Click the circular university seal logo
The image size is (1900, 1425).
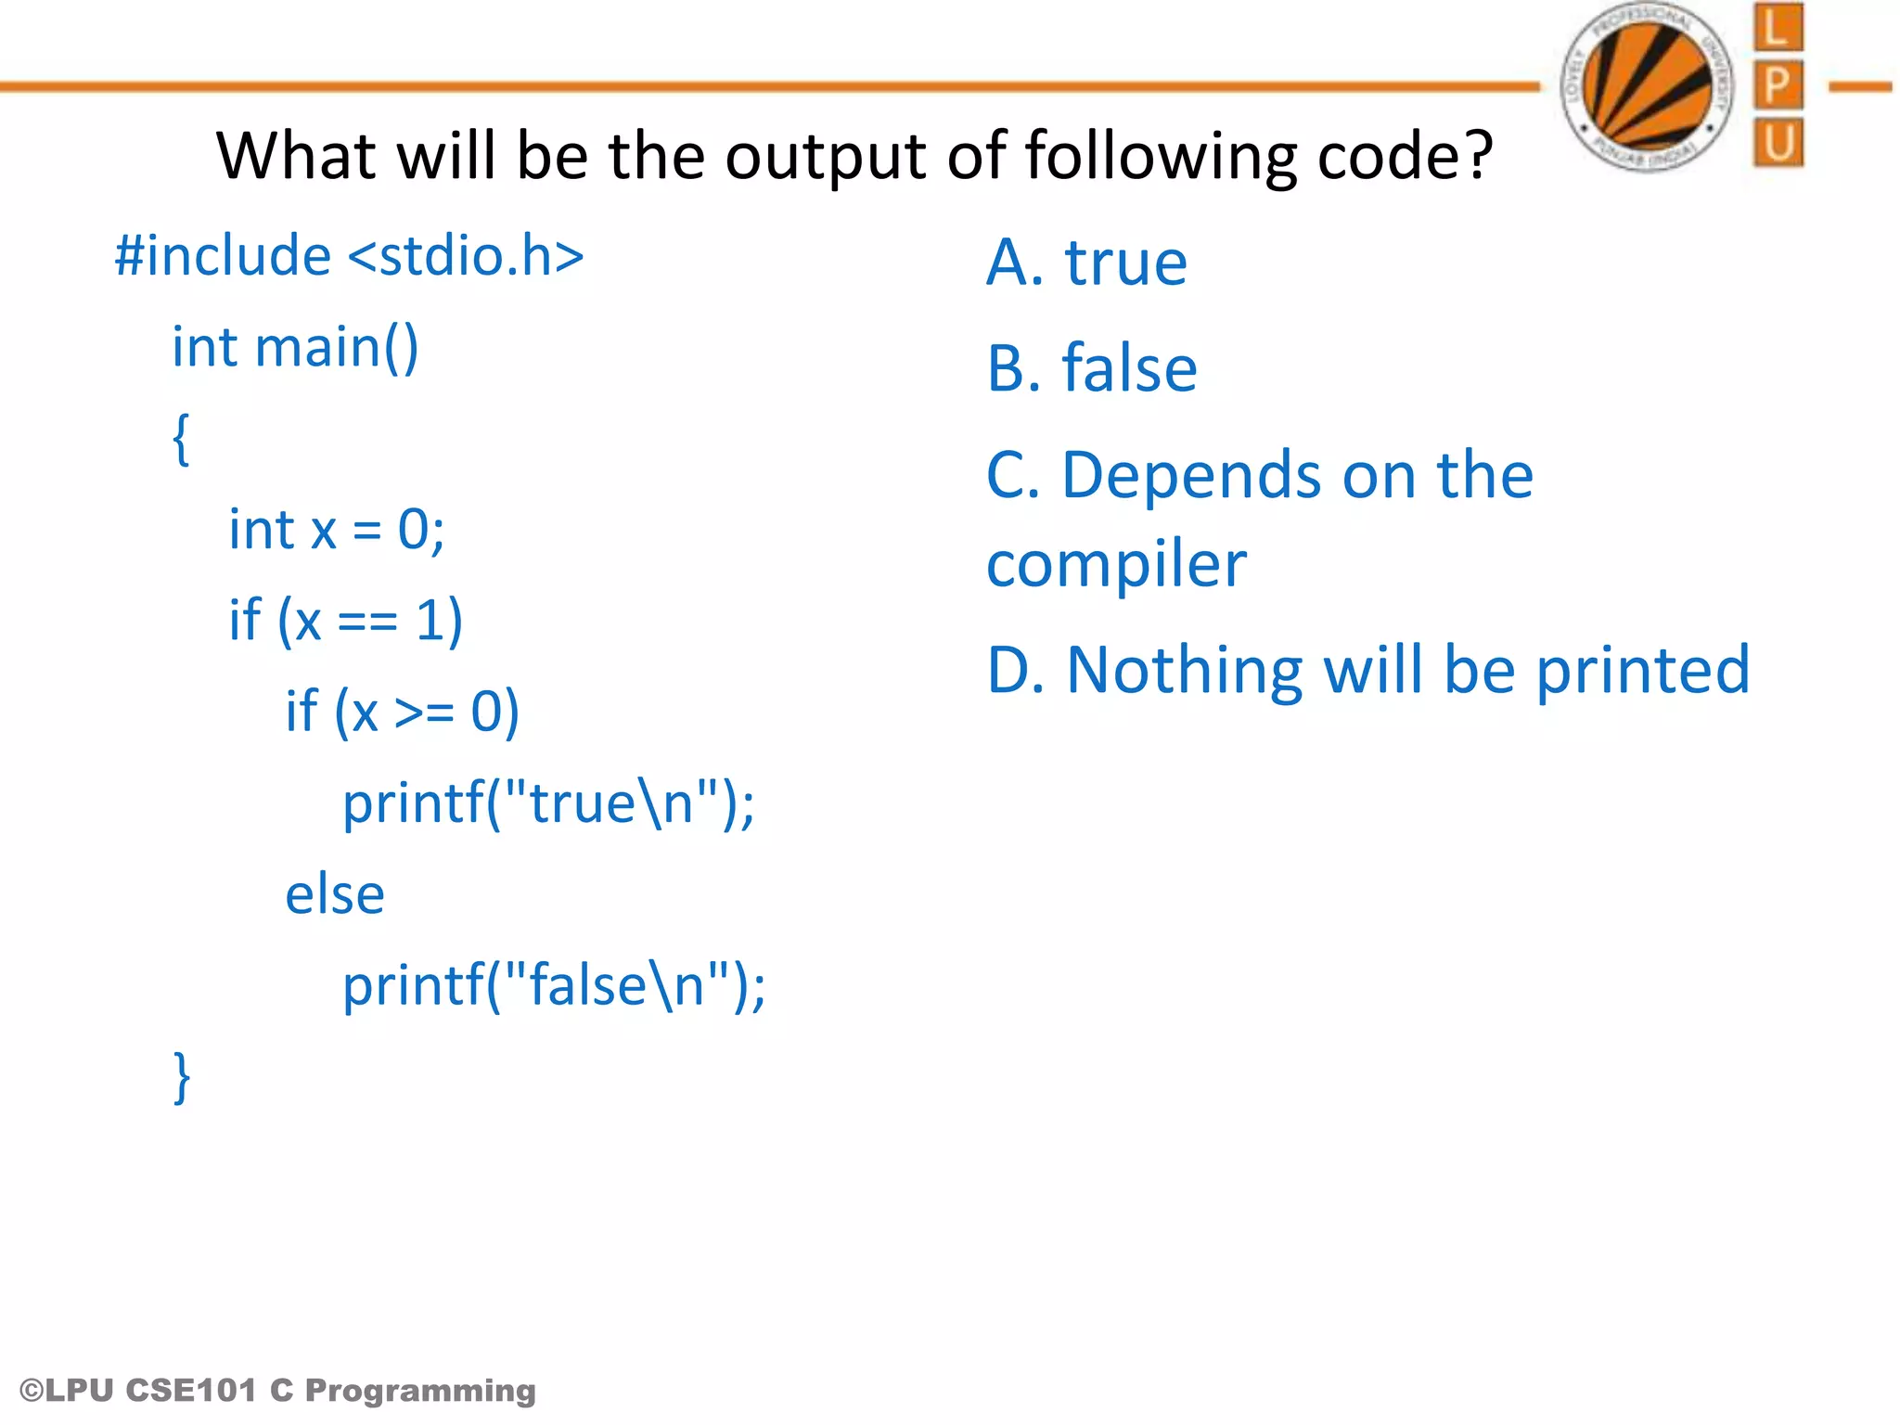pos(1647,86)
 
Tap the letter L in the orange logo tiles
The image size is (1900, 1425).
pos(1778,28)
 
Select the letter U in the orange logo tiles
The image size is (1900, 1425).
pos(1778,143)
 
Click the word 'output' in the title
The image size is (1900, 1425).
pos(827,155)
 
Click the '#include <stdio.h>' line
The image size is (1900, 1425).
pos(349,256)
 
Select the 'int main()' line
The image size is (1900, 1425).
pos(295,348)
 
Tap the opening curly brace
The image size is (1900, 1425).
pos(182,439)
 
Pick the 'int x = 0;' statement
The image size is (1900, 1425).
pos(336,530)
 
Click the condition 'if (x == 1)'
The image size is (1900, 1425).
pos(345,621)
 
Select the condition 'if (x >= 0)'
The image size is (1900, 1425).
pos(402,712)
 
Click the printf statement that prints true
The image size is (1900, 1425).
pos(548,802)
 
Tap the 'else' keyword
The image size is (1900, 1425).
pos(334,894)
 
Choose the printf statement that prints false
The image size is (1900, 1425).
pos(554,985)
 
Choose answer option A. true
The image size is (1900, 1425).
pos(1086,263)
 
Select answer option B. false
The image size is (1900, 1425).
pos(1091,368)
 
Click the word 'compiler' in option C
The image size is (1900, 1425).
pos(1116,564)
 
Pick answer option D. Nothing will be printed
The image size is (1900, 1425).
pos(1367,670)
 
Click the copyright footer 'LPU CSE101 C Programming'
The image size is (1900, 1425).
pos(278,1390)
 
